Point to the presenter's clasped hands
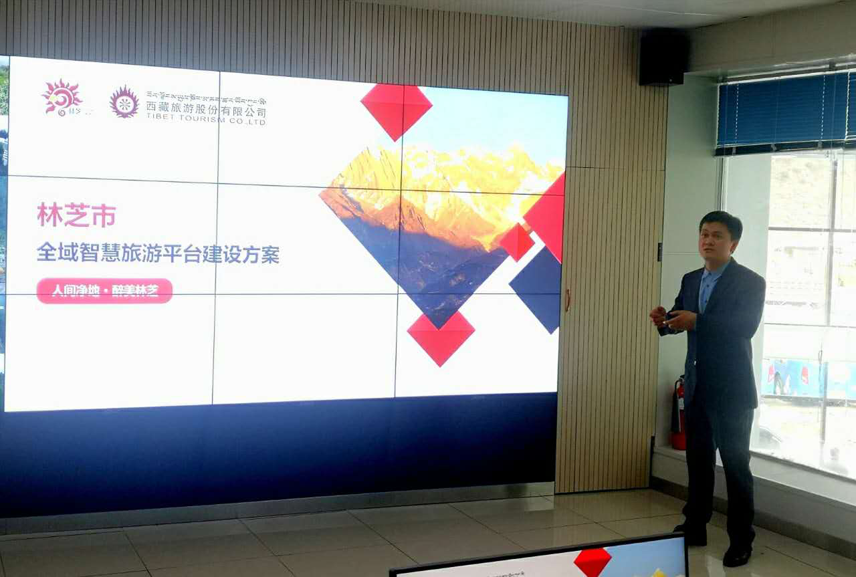[x=669, y=318]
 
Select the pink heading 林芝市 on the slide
[x=76, y=216]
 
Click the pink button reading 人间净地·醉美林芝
[x=104, y=291]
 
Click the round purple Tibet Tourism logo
[x=124, y=102]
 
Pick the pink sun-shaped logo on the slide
[x=62, y=98]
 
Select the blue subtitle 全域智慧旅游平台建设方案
[x=158, y=254]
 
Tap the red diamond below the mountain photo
[x=441, y=338]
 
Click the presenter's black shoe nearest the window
[x=738, y=554]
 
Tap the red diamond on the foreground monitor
[x=593, y=561]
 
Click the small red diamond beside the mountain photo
[x=516, y=242]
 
